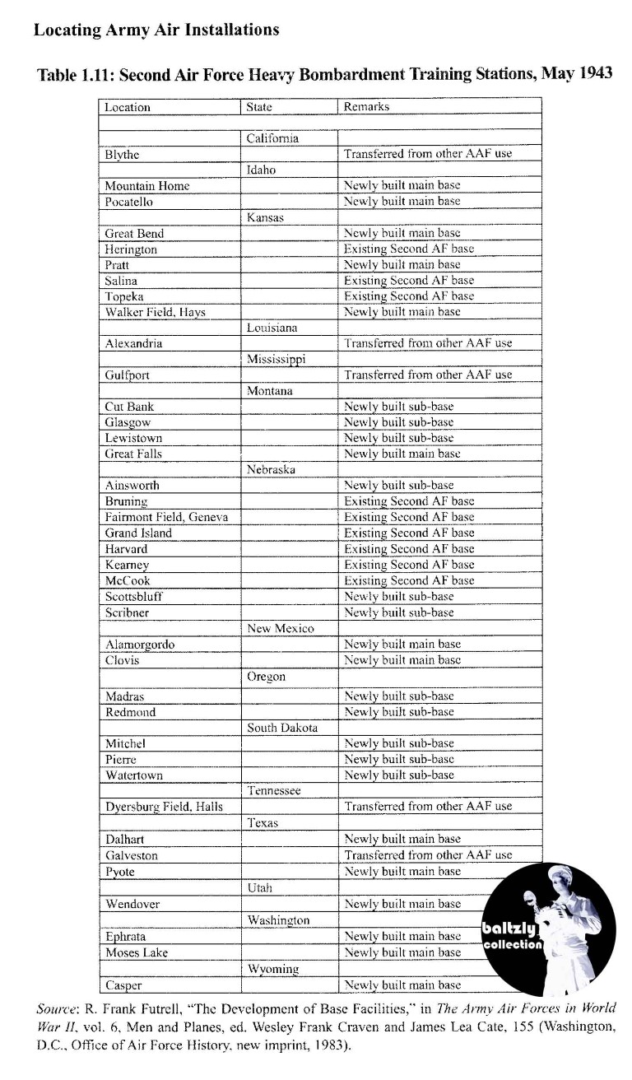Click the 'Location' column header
coord(128,107)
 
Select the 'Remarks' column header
coord(367,107)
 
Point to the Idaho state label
coord(262,170)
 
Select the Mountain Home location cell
coord(147,186)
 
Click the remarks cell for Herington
coord(409,249)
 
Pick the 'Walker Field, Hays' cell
coord(156,312)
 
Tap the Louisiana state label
coord(272,328)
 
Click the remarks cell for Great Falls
coord(402,454)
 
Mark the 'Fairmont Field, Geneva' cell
coord(166,517)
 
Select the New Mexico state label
coord(281,629)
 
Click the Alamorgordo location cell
coord(140,645)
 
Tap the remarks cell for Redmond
coord(398,712)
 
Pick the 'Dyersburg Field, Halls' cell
coord(164,807)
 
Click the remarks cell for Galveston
coord(428,855)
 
